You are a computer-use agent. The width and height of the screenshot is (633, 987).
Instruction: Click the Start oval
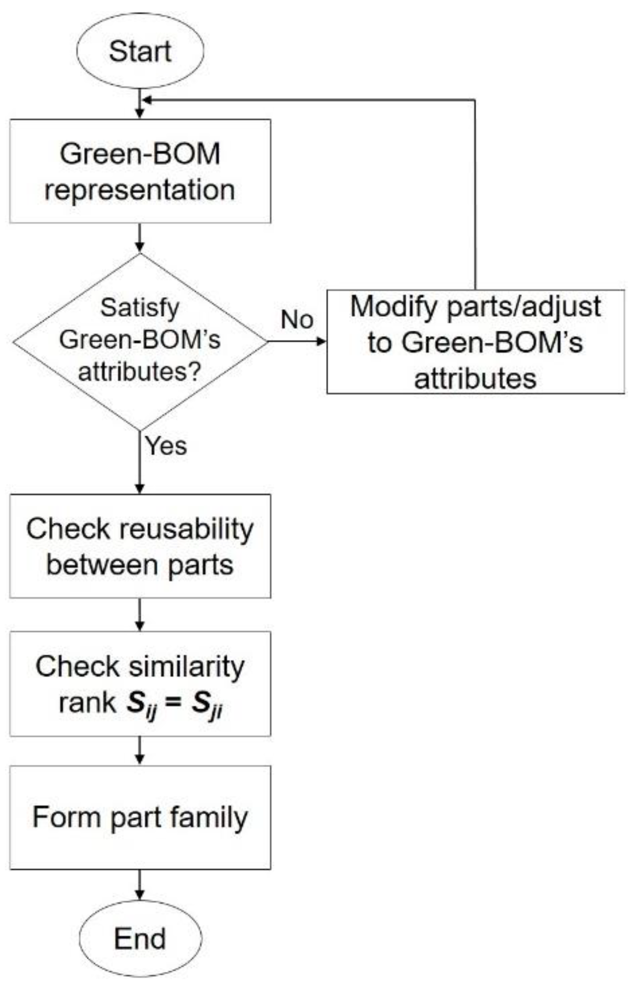tap(140, 50)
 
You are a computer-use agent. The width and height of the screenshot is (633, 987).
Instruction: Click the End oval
tap(140, 938)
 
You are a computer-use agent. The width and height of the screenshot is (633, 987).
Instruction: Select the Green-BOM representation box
tap(140, 171)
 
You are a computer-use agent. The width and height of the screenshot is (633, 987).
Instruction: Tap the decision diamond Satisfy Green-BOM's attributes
tap(140, 341)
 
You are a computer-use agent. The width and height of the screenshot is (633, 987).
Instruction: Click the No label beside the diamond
tap(297, 320)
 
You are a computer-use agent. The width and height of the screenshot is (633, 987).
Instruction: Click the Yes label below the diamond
tap(166, 446)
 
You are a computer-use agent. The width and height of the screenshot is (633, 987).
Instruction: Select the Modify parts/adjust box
tap(476, 342)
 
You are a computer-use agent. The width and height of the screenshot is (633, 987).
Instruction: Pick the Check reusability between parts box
tap(140, 546)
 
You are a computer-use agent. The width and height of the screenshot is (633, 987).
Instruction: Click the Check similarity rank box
tap(140, 684)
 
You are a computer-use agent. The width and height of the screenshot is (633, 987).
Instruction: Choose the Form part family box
tap(140, 818)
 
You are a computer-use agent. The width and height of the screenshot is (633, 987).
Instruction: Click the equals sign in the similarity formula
tap(174, 703)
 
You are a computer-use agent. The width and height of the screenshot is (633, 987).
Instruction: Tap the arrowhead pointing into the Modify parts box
tap(321, 341)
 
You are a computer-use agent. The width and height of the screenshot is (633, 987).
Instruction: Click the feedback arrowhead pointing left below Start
tap(146, 100)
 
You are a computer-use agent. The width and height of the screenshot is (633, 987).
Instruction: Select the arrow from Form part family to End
tap(140, 885)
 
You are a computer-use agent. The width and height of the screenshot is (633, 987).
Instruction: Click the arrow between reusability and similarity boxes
tap(140, 615)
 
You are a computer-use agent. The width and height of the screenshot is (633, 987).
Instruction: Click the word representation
tap(140, 190)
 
